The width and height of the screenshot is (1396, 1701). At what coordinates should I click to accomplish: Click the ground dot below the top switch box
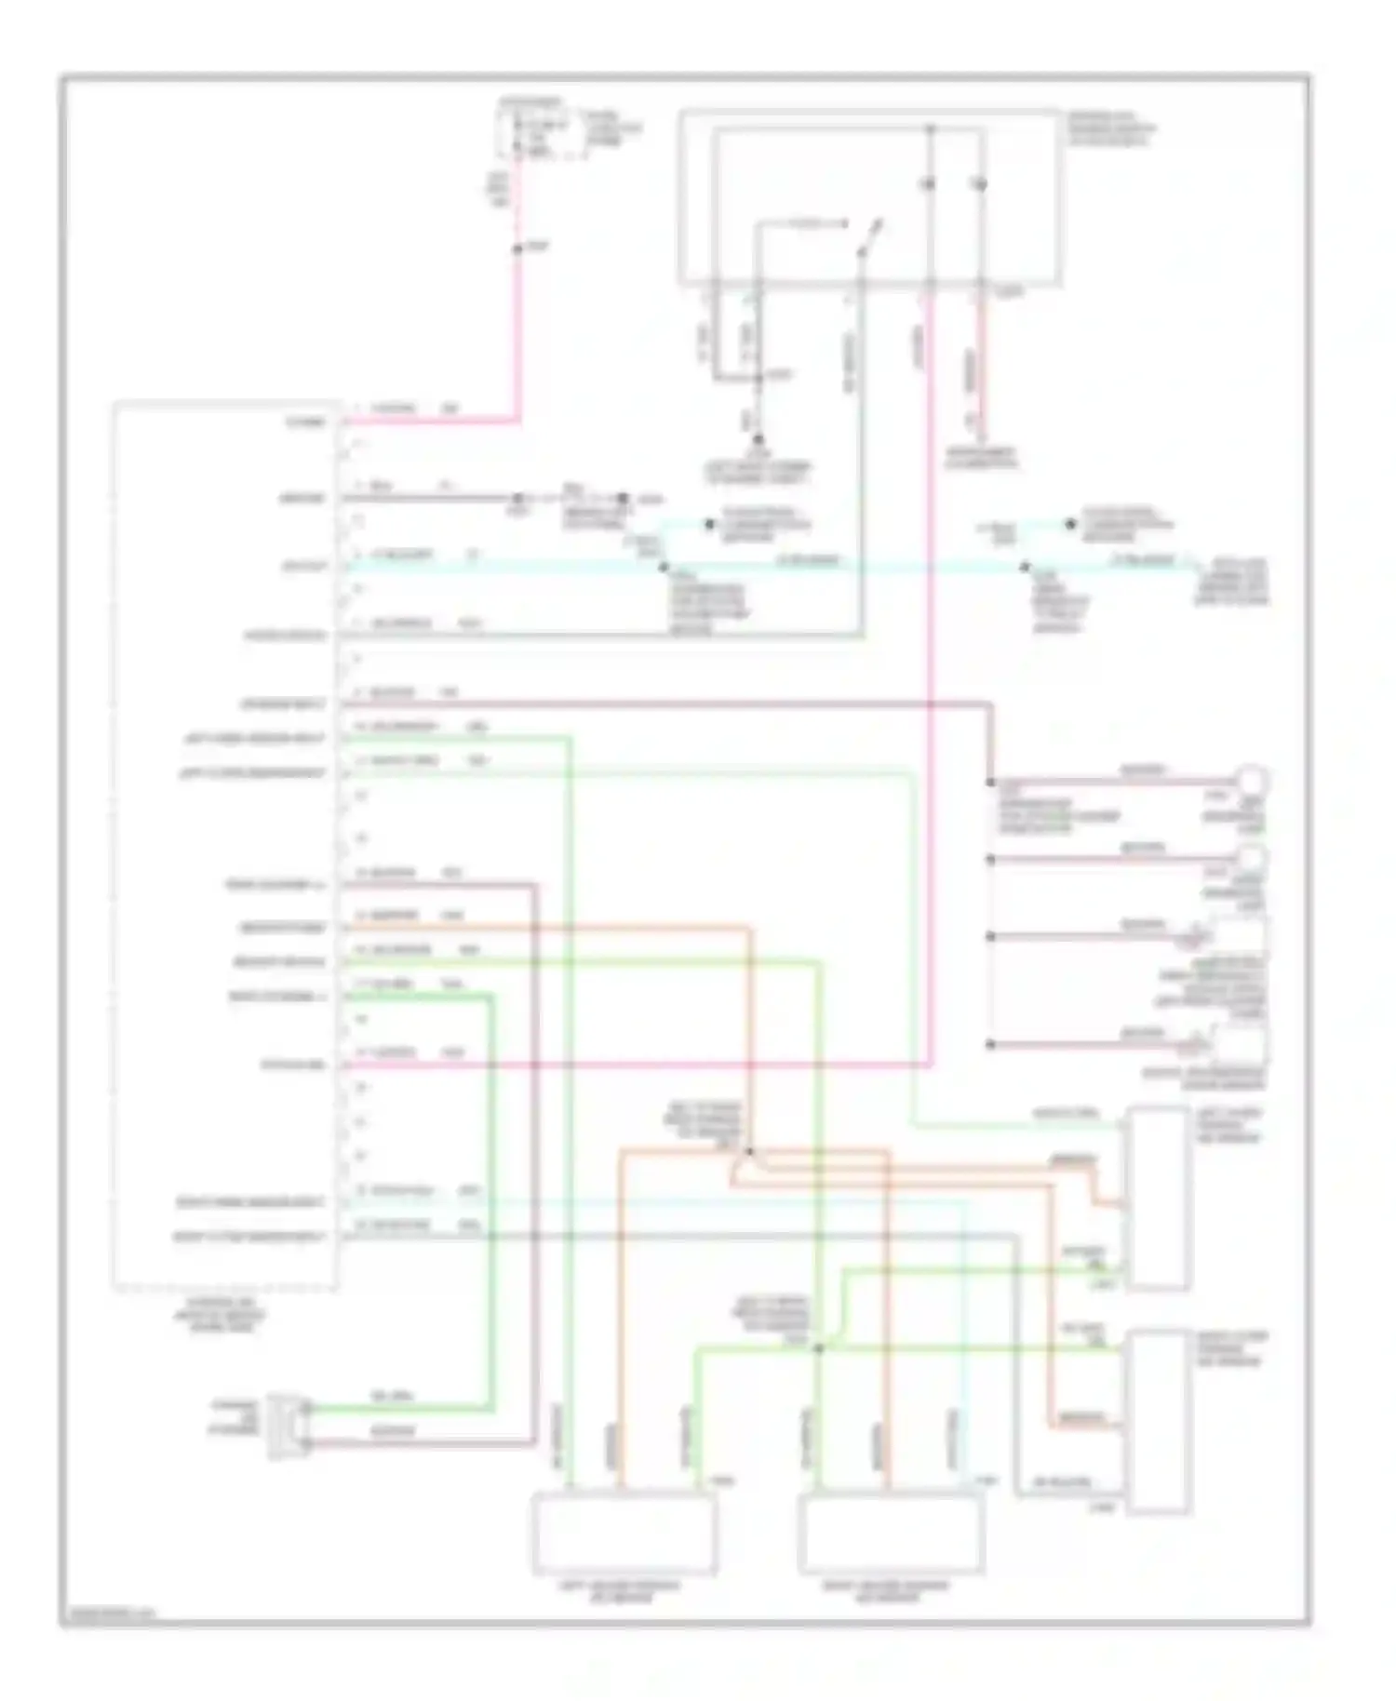[x=758, y=439]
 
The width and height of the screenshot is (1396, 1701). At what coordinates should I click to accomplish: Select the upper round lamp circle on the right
[x=1251, y=779]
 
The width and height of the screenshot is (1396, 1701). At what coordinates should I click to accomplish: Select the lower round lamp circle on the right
[x=1251, y=856]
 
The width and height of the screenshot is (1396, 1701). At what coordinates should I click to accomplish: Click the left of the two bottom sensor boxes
[x=623, y=1533]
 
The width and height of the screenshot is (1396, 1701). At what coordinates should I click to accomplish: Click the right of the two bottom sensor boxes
[x=891, y=1533]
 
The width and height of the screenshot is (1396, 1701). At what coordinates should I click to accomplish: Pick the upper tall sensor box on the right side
[x=1157, y=1199]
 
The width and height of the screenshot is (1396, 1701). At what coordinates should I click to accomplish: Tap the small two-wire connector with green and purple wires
[x=287, y=1426]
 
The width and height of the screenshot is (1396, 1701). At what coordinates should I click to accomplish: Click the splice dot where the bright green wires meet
[x=819, y=1348]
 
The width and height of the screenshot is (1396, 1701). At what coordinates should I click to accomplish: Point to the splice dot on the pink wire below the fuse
[x=518, y=249]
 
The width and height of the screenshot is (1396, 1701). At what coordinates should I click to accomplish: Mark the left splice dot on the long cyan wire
[x=663, y=565]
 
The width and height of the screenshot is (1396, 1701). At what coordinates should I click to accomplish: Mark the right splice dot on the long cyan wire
[x=1025, y=565]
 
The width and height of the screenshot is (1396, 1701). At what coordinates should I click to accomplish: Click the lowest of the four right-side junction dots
[x=991, y=1044]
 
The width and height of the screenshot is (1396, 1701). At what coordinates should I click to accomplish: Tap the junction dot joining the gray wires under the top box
[x=758, y=377]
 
